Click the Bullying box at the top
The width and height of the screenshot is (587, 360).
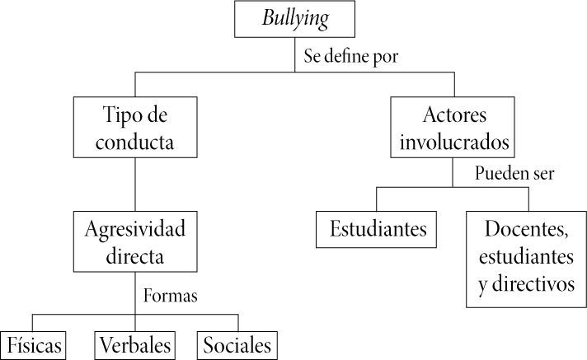click(295, 20)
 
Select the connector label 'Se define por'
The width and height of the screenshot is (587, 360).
click(350, 58)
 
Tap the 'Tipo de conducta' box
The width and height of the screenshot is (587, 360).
click(135, 127)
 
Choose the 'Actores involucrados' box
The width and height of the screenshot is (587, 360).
click(453, 127)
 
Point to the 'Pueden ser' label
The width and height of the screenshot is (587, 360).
click(515, 174)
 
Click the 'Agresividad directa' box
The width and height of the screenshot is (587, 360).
click(135, 241)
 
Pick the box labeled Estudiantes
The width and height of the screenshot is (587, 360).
click(378, 228)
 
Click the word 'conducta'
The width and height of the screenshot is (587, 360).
click(135, 141)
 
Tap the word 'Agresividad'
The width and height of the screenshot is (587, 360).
click(135, 228)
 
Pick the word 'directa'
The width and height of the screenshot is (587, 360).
click(135, 255)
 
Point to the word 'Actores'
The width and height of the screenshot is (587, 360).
click(453, 113)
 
